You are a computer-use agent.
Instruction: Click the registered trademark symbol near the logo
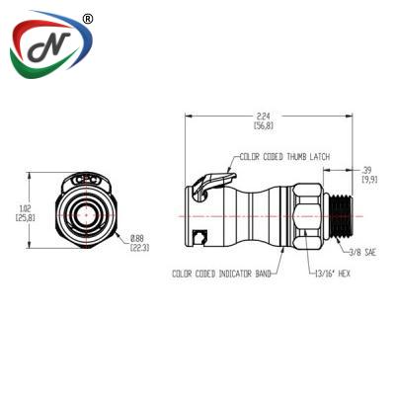[x=87, y=19]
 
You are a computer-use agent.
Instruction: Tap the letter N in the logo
[x=49, y=47]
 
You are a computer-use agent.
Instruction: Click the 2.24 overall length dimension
[x=265, y=116]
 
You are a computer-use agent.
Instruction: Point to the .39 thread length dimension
[x=366, y=170]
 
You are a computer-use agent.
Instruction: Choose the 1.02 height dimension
[x=25, y=208]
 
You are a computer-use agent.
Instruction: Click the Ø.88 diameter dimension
[x=137, y=238]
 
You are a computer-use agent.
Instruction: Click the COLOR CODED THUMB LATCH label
[x=284, y=157]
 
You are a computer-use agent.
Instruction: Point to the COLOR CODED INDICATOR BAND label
[x=221, y=274]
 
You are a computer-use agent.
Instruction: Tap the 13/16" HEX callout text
[x=333, y=274]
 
